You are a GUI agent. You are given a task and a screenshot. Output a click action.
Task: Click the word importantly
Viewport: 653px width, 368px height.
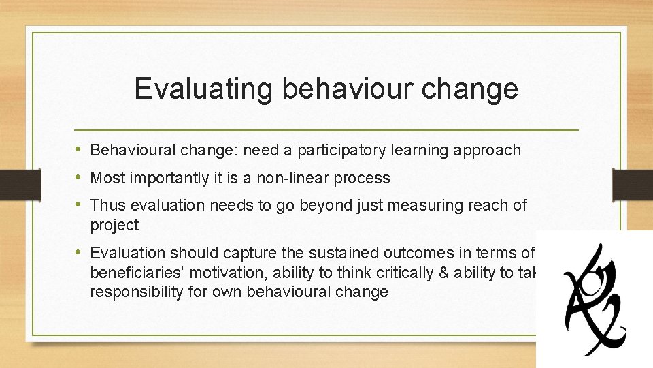(160, 179)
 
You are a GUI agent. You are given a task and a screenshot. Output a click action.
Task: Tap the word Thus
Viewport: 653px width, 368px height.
(105, 205)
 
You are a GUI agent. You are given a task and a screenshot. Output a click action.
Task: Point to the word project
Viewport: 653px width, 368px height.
(114, 225)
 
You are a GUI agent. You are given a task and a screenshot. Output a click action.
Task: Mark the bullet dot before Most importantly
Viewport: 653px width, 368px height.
(80, 179)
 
